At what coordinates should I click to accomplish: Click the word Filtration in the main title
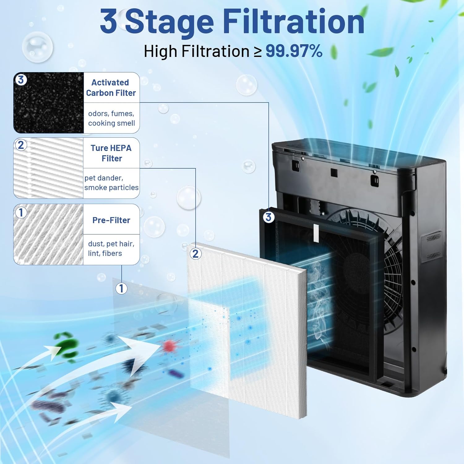(x=293, y=22)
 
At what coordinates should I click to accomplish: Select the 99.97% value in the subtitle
(x=294, y=51)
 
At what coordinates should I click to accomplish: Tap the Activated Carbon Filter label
(x=111, y=88)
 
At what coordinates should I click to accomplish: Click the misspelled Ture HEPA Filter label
(x=111, y=153)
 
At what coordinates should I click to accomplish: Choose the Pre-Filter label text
(x=111, y=220)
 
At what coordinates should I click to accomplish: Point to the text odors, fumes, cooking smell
(x=111, y=118)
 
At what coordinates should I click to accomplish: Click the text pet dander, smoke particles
(x=111, y=183)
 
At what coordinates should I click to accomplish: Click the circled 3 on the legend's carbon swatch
(x=21, y=79)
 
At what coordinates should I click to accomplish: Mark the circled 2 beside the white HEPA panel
(x=195, y=254)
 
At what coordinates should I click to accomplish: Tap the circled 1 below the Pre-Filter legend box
(x=121, y=288)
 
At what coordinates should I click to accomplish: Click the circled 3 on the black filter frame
(x=269, y=217)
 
